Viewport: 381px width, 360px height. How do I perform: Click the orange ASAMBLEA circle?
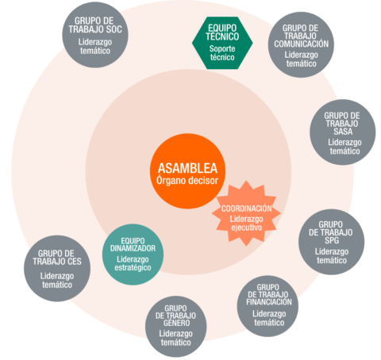click(187, 171)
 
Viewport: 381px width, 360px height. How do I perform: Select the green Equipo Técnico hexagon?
click(222, 43)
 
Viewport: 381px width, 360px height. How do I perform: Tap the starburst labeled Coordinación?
click(246, 213)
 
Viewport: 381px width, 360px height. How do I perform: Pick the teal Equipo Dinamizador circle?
click(133, 255)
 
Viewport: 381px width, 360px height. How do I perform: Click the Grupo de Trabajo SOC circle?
click(95, 35)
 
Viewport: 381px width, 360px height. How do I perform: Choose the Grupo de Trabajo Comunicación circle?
click(301, 44)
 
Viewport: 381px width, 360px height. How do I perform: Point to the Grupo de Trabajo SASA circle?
click(343, 132)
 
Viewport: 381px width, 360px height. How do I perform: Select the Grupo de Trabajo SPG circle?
click(332, 242)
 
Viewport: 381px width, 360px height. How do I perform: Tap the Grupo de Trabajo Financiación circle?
click(267, 306)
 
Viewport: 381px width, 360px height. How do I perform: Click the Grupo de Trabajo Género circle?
click(176, 327)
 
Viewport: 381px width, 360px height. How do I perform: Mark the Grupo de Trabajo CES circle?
click(57, 268)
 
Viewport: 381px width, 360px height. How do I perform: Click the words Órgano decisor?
click(187, 181)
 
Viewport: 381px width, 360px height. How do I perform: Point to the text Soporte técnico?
click(222, 53)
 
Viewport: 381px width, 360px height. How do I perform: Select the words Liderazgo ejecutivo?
click(246, 224)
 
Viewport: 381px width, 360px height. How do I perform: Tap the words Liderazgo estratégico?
click(133, 263)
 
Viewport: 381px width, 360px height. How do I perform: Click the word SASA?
click(343, 132)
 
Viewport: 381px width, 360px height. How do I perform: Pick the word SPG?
click(332, 240)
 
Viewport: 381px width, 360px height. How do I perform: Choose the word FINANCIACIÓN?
click(269, 302)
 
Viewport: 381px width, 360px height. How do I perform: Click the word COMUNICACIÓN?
click(302, 44)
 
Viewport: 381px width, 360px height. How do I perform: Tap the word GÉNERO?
click(176, 323)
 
